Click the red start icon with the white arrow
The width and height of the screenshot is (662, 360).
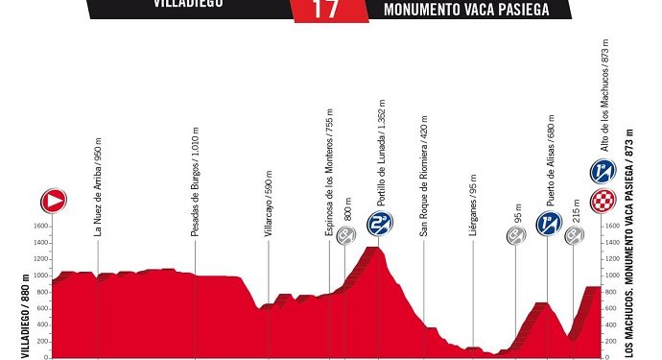coord(54,200)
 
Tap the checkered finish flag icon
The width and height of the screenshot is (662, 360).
coord(603,200)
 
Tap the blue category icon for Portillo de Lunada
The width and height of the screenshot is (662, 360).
coord(381,224)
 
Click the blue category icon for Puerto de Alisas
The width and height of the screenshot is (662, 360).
coord(549,224)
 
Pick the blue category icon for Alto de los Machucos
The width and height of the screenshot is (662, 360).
coord(603,172)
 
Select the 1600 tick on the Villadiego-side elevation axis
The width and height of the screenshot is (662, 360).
coord(40,227)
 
